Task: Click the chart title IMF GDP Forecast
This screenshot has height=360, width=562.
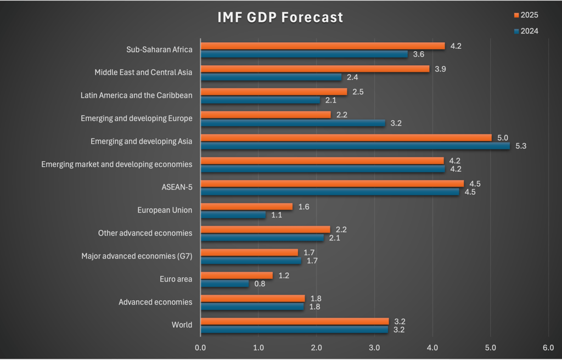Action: (x=280, y=18)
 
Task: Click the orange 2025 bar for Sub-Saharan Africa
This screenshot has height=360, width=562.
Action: (x=323, y=46)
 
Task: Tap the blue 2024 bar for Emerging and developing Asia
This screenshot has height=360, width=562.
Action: (x=355, y=146)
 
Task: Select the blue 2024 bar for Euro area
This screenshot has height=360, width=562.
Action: (x=224, y=284)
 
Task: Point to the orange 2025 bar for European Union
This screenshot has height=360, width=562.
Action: (x=246, y=206)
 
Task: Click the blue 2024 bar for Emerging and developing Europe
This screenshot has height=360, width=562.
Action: (x=293, y=123)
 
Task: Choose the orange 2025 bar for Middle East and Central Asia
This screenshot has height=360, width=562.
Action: (x=315, y=69)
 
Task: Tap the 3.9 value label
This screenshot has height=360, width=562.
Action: (x=441, y=69)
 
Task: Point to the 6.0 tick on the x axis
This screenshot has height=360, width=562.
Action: (x=548, y=347)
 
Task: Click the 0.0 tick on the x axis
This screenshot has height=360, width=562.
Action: (x=200, y=347)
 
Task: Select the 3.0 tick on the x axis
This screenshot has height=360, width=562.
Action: (x=374, y=347)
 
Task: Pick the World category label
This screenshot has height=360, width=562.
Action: (x=182, y=325)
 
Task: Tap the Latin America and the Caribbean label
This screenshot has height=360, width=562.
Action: (x=136, y=95)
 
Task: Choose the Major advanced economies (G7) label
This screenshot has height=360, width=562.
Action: (x=137, y=256)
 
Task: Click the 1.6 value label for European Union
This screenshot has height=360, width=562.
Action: (x=304, y=206)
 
